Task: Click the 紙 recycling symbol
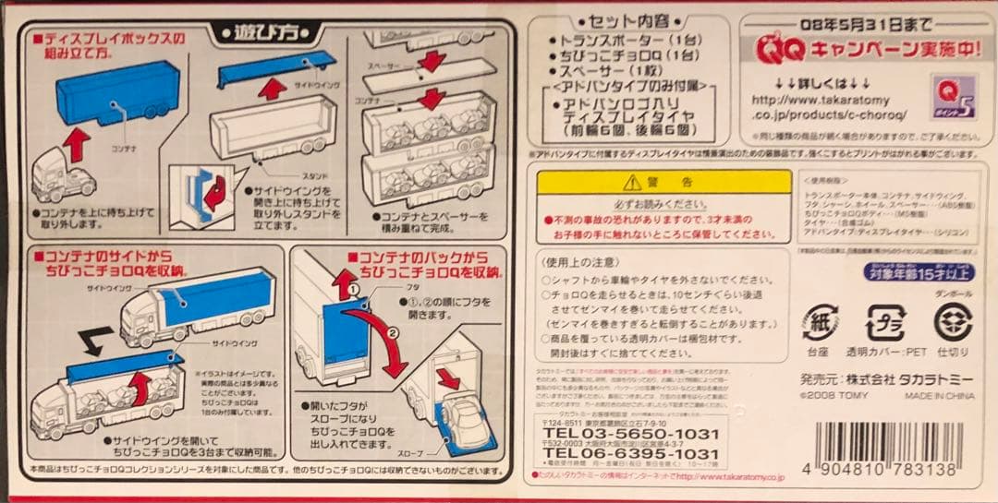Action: pyautogui.click(x=818, y=323)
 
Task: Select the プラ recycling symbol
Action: pyautogui.click(x=884, y=323)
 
